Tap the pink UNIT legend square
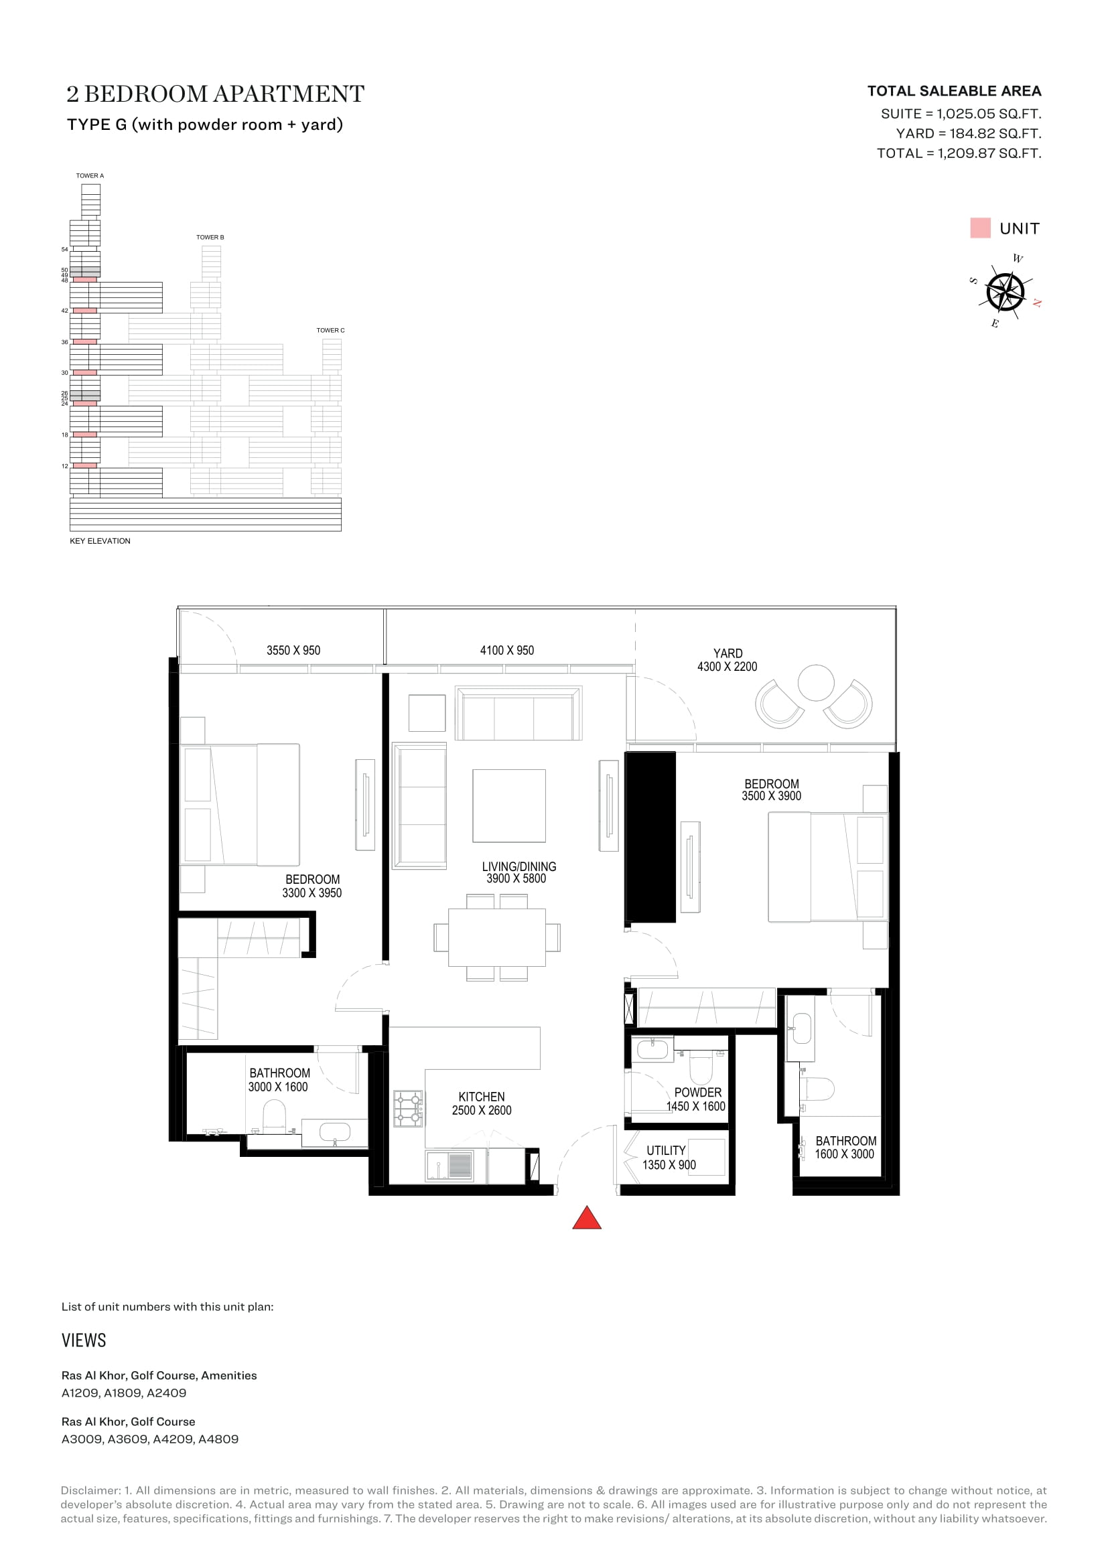point(980,228)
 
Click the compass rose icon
point(1005,292)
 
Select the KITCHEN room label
point(482,1097)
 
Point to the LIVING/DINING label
point(519,866)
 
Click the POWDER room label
point(697,1092)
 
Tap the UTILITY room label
point(666,1150)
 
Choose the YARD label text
point(728,653)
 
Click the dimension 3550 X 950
point(293,650)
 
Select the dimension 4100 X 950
point(507,650)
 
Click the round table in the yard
point(816,682)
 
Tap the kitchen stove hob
point(408,1108)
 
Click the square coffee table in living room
point(509,805)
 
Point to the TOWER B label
point(210,238)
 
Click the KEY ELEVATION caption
point(100,541)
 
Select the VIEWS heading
point(84,1340)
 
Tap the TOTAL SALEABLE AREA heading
point(954,90)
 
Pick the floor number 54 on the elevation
point(65,249)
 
